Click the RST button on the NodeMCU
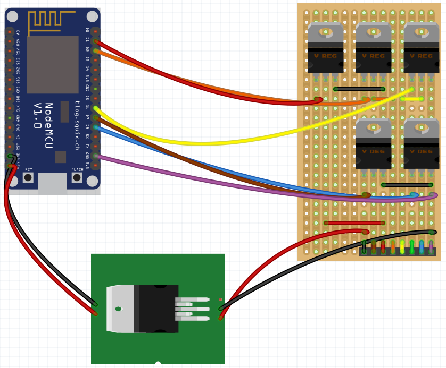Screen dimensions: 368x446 [x=28, y=177]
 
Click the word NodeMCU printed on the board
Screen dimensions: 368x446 [x=48, y=125]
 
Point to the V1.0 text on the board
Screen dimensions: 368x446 [x=37, y=116]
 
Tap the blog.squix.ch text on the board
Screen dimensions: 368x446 [x=77, y=125]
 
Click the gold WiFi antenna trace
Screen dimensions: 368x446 [x=51, y=21]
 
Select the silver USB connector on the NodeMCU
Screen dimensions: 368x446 [x=52, y=183]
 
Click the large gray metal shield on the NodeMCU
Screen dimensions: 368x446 [x=52, y=64]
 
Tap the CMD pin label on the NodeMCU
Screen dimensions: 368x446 [x=18, y=89]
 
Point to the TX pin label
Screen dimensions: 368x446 [x=87, y=146]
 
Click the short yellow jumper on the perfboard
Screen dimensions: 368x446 [x=412, y=99]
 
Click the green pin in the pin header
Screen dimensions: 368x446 [x=411, y=247]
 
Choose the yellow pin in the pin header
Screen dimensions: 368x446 [x=402, y=247]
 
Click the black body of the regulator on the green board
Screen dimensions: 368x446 [x=158, y=309]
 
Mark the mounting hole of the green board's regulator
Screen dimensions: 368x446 [x=118, y=309]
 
